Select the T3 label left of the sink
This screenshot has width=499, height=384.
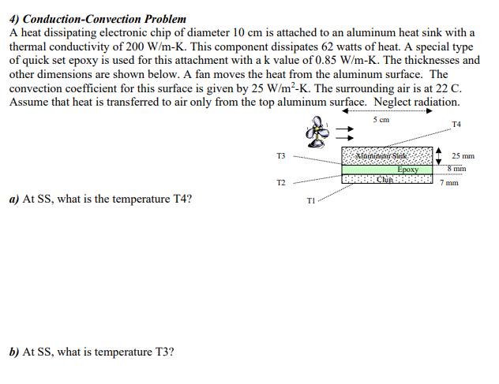[x=282, y=155]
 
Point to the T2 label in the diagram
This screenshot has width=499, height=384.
[x=282, y=182]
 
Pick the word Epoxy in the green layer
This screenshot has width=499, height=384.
[x=407, y=169]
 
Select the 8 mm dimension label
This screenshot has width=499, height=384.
[x=458, y=168]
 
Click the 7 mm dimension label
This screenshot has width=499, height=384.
[x=451, y=182]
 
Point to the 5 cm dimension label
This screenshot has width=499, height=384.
[x=381, y=121]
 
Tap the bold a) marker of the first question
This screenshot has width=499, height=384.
[x=13, y=199]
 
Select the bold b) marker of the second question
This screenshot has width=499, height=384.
[x=13, y=352]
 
